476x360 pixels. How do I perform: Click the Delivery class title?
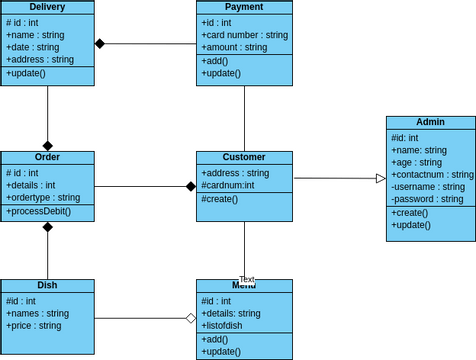click(x=47, y=8)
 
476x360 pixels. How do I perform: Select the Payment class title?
click(x=244, y=8)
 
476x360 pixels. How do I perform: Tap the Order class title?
click(x=47, y=158)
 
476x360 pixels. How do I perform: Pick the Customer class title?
click(x=244, y=158)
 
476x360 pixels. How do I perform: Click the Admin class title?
click(x=430, y=123)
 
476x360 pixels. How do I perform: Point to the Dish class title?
click(x=47, y=286)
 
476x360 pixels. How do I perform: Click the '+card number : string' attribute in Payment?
click(x=244, y=35)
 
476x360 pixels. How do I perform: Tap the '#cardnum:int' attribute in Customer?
click(x=228, y=185)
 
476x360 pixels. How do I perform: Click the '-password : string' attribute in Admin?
click(x=427, y=199)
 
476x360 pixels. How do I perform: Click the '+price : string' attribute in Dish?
click(x=34, y=326)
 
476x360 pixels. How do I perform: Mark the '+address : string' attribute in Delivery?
click(x=40, y=60)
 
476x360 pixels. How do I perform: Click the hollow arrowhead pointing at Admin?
click(x=381, y=179)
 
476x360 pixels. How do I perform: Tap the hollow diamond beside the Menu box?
click(x=190, y=319)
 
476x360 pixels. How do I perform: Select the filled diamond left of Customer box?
click(x=190, y=186)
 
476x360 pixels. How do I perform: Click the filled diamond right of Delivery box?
click(x=100, y=43)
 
